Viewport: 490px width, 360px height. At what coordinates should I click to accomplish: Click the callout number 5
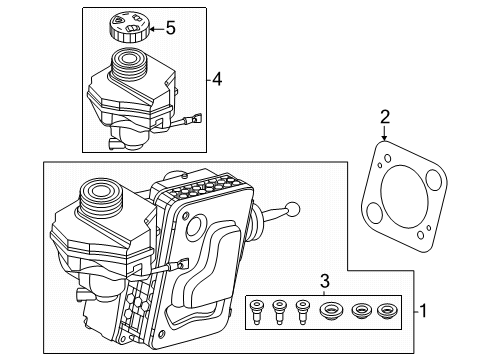coord(171,28)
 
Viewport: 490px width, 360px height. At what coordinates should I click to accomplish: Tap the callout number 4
coord(217,80)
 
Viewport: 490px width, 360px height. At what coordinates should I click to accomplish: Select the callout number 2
coord(385,117)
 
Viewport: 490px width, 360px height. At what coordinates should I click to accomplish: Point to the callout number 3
coord(325,281)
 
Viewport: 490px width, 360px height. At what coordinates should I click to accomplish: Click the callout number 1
coord(423,311)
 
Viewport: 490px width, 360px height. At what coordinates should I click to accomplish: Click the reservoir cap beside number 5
coord(129,27)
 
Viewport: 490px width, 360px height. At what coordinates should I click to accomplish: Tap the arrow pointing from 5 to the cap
coord(157,29)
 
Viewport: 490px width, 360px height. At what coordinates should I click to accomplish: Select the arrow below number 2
coord(385,133)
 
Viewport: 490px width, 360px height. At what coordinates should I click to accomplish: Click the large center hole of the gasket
coord(404,197)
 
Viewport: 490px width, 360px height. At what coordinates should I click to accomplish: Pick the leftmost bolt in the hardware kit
coord(257,312)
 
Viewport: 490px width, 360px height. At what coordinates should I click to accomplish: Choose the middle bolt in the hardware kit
coord(279,312)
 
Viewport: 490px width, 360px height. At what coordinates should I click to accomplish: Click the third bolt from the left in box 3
coord(302,312)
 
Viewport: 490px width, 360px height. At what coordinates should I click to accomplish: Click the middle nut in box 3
coord(361,311)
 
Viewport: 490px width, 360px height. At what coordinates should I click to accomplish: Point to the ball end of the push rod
coord(293,209)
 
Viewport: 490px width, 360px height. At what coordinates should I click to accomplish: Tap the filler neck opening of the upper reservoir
coord(127,59)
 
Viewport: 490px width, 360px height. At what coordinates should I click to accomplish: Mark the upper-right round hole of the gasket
coord(434,180)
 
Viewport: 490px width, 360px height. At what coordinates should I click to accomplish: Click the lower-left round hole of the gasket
coord(374,213)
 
